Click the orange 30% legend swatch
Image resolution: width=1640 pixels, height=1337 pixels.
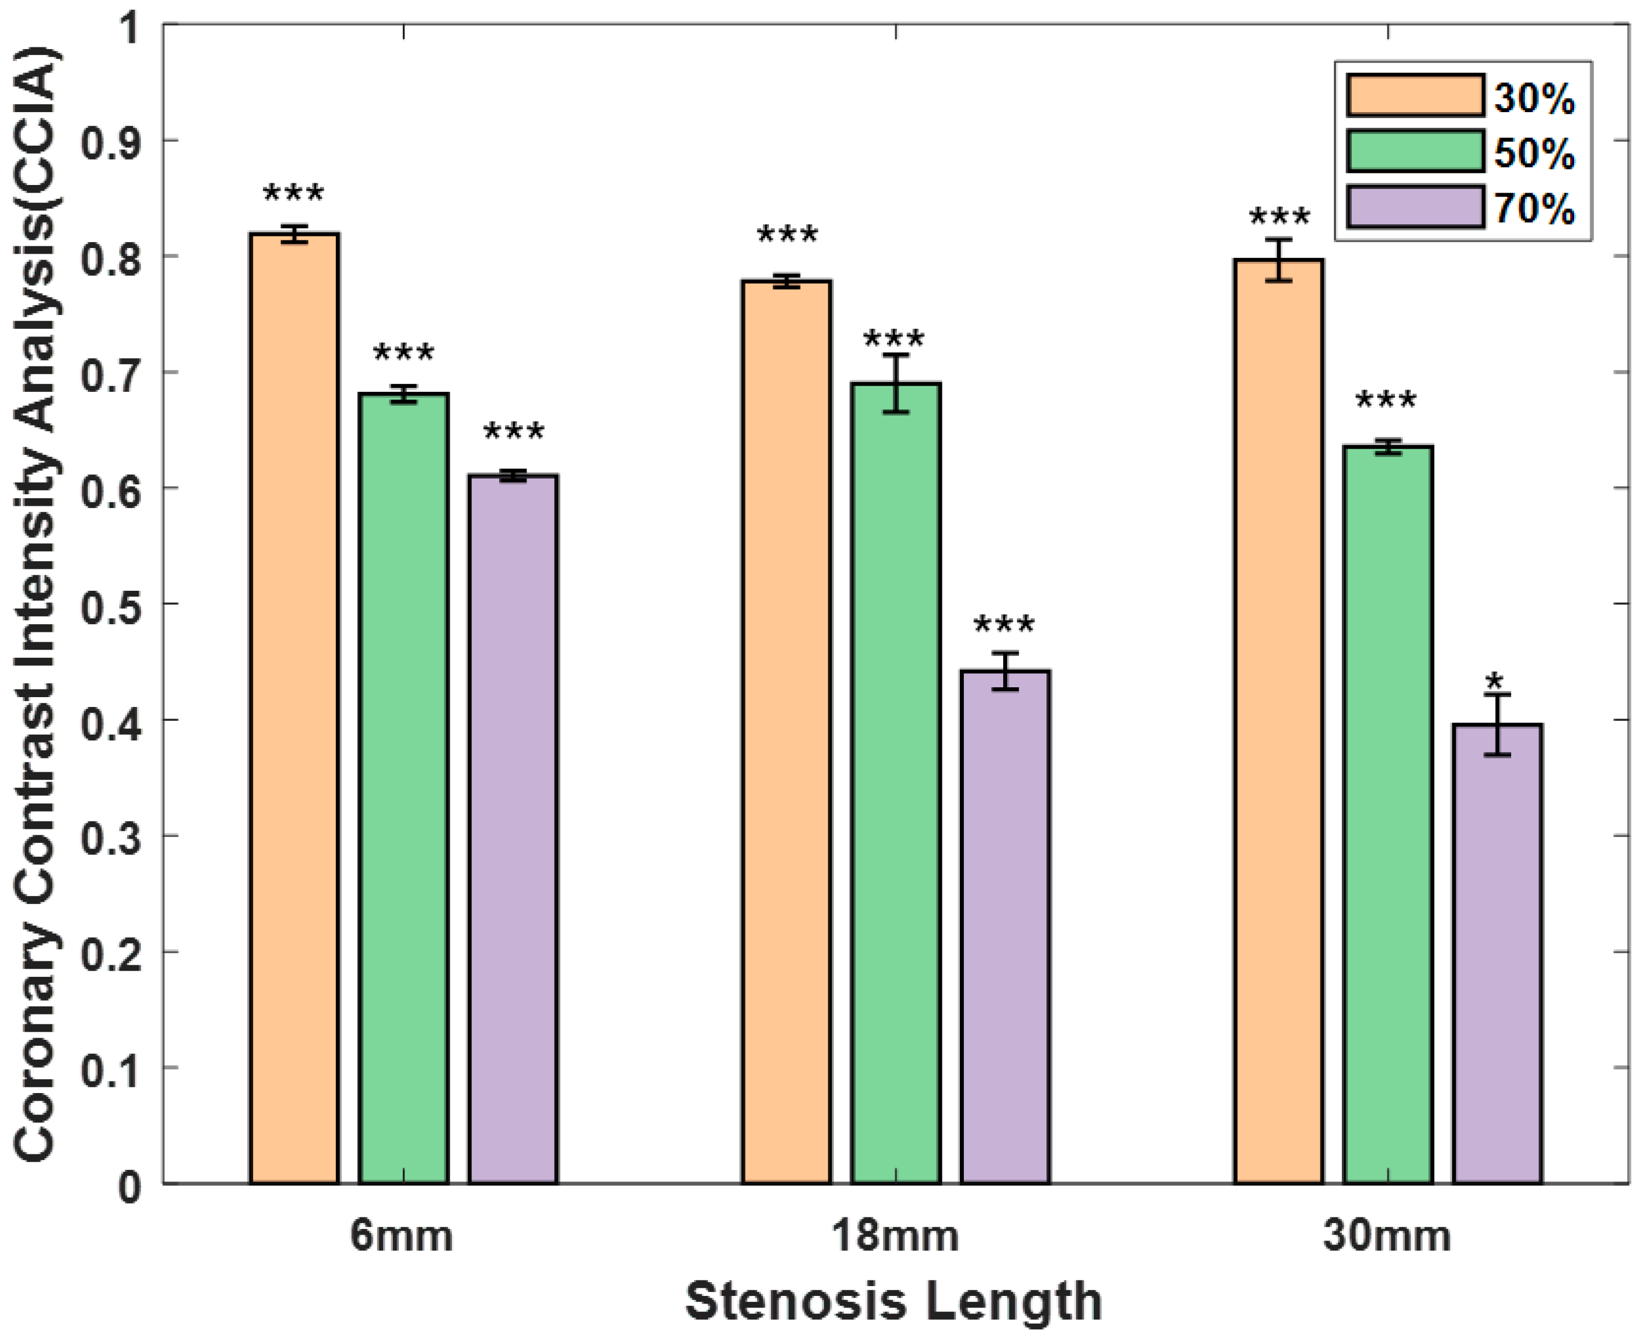pos(1415,95)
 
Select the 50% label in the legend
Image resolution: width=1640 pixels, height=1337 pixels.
pos(1534,153)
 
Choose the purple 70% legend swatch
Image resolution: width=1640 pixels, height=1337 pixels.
pos(1415,207)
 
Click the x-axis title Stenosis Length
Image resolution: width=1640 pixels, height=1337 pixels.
pos(893,1302)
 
